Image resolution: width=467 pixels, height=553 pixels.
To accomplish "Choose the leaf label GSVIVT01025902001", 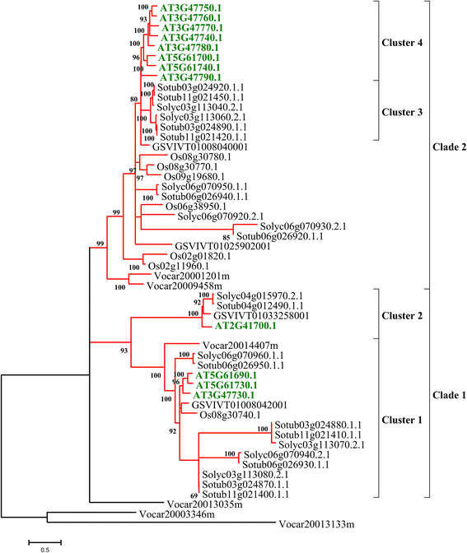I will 216,246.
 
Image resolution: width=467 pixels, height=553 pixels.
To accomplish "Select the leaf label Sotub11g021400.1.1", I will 248,495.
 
